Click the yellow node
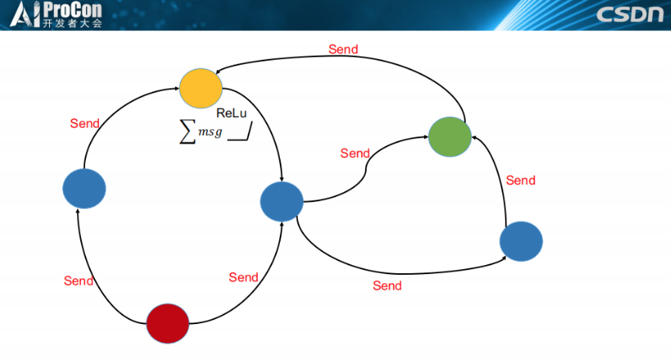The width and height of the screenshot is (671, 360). pos(201,88)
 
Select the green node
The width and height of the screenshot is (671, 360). pos(450,137)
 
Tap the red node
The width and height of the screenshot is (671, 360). pos(167,322)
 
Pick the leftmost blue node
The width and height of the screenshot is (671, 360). pos(84,188)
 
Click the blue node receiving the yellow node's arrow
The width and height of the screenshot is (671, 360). pos(281,201)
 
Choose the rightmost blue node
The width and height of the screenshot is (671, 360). pos(521,241)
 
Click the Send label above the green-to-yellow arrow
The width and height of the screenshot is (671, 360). pos(343,49)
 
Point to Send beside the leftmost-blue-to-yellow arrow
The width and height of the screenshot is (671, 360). pos(84,124)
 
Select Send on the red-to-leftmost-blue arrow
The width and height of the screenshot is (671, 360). pos(79,281)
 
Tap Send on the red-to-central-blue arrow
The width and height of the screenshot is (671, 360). pos(243,277)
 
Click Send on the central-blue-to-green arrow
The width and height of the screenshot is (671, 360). pos(355,153)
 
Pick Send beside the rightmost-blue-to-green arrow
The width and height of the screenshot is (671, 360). pos(520,180)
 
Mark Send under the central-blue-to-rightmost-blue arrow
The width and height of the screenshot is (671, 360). pos(387,286)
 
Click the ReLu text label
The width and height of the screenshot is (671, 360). pos(232,113)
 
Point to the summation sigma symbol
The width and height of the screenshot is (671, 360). pos(187,133)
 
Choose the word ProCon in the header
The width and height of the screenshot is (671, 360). pos(73,10)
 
